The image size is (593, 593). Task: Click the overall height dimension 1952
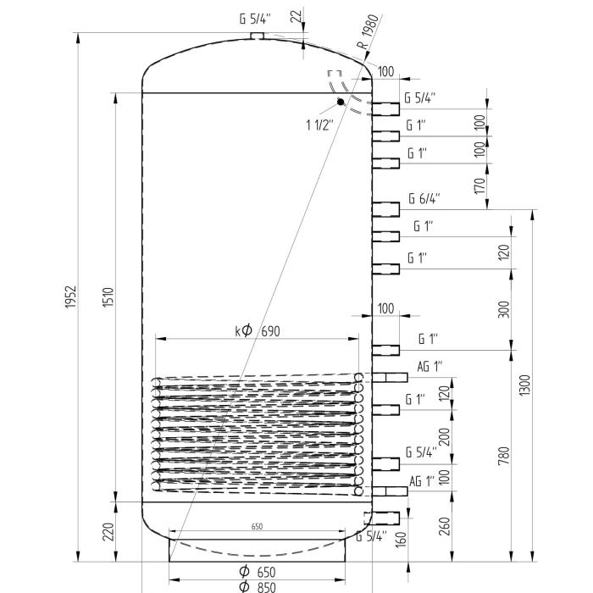click(71, 297)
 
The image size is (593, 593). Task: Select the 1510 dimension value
click(109, 297)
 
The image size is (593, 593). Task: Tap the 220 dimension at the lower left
click(109, 532)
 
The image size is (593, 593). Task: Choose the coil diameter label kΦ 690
click(258, 330)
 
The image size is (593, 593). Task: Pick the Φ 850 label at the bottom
click(258, 586)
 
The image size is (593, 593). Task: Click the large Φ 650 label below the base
click(258, 572)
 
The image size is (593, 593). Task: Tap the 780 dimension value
click(505, 456)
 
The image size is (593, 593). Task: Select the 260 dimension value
click(445, 525)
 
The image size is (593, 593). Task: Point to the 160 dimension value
click(401, 538)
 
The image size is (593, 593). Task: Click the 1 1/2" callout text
click(319, 125)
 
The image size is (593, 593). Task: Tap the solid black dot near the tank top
click(341, 103)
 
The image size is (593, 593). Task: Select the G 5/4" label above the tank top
click(257, 19)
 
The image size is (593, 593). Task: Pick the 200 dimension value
click(445, 436)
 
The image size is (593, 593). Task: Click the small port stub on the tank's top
click(258, 36)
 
